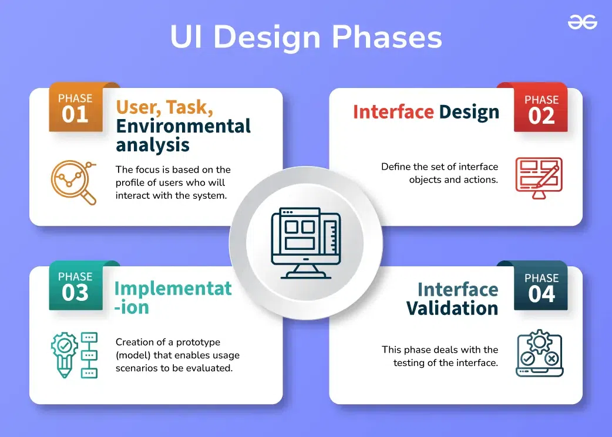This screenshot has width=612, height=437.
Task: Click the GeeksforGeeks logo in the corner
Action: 582,23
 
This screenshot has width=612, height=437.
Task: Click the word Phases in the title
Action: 386,38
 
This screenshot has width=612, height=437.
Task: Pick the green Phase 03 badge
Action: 75,287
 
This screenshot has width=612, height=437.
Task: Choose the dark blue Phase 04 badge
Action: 541,288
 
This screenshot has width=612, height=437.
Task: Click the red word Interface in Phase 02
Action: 393,112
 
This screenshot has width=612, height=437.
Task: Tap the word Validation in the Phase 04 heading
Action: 452,309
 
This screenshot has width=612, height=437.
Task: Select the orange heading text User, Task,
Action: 164,107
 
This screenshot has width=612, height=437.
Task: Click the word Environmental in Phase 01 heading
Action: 183,126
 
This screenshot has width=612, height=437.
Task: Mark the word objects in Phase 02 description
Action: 426,179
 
